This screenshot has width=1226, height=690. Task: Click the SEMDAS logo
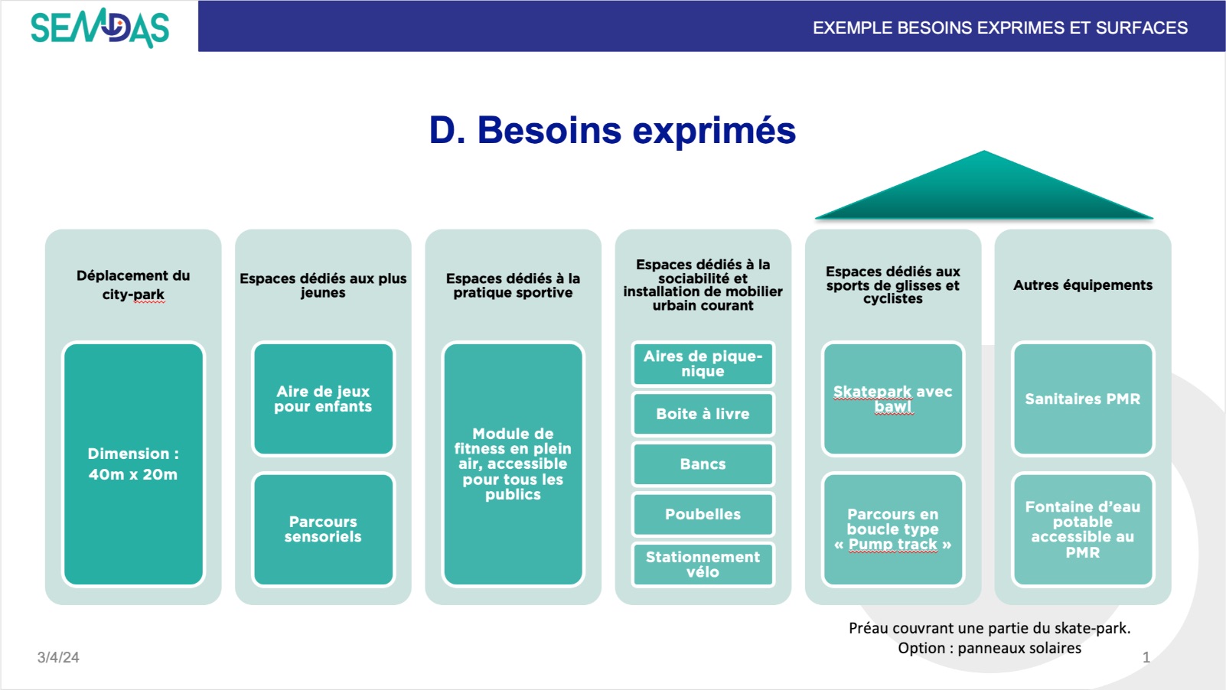click(99, 28)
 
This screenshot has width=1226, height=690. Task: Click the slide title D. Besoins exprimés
click(612, 130)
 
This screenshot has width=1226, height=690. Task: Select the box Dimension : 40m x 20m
click(133, 464)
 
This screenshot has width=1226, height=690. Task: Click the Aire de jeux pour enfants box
click(323, 399)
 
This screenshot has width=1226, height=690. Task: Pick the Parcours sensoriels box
click(323, 529)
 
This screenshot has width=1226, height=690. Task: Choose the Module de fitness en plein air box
click(513, 464)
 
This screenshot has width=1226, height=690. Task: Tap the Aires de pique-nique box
click(703, 364)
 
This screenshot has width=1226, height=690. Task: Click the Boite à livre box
click(703, 414)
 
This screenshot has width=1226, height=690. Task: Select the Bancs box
click(703, 464)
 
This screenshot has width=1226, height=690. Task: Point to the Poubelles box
click(703, 514)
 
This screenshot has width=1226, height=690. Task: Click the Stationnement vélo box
click(703, 565)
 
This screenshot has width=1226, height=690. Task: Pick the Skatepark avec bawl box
click(892, 399)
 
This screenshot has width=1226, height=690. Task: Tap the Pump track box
click(892, 529)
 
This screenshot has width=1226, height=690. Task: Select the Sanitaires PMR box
click(1082, 399)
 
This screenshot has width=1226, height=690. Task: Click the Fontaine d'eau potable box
click(1082, 529)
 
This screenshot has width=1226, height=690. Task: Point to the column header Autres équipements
click(1082, 285)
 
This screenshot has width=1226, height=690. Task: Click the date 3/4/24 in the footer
click(58, 657)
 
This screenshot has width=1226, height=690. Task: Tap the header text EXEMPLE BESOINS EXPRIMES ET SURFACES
click(999, 28)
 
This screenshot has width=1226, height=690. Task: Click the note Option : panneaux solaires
click(989, 648)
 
